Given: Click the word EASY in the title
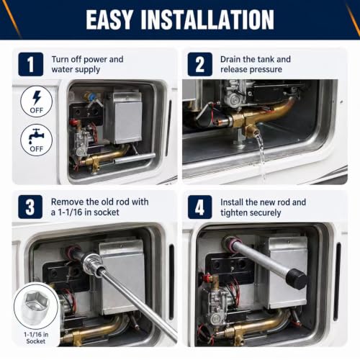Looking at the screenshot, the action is pos(109,19).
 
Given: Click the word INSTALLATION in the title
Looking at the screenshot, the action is pos(207,19).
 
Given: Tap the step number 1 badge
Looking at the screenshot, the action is pos(31,64).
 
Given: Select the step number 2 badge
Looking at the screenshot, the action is pos(200,64).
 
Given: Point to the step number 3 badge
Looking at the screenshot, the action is pos(30,207).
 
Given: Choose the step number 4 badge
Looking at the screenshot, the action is pos(199,207).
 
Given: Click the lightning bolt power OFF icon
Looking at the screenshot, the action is pos(37,102).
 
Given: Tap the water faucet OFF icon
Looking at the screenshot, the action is pos(37,140).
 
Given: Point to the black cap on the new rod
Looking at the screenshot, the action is pos(297,279).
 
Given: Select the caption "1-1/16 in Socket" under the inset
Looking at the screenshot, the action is pos(36,338).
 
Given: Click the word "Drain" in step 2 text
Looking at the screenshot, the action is pos(230,59).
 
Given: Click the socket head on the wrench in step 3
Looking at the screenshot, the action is pos(93,262).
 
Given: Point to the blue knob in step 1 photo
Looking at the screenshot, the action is pos(92,97).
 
